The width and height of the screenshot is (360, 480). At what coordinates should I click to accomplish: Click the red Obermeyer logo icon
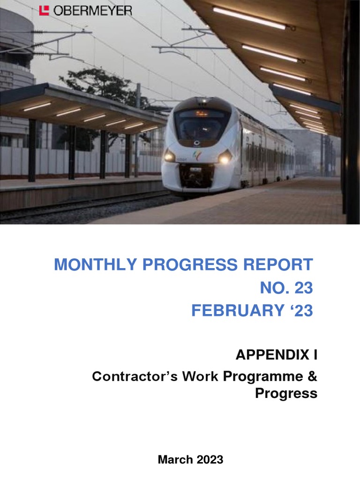(x=44, y=10)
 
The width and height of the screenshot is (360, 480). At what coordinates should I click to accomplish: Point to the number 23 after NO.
(x=303, y=288)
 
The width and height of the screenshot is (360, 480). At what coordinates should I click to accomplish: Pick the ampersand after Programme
(x=312, y=376)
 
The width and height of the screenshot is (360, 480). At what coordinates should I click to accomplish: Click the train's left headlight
(x=170, y=157)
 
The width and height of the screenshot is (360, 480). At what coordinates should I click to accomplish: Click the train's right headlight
(x=224, y=158)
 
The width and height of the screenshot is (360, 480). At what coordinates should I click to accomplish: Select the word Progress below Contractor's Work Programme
(x=286, y=394)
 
